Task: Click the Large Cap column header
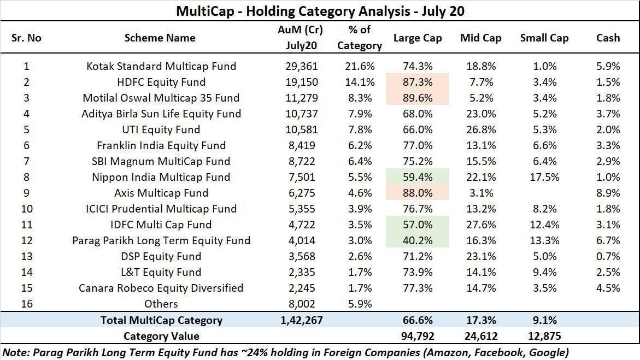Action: (x=418, y=38)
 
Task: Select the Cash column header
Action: (x=608, y=38)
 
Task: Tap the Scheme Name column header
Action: (x=160, y=38)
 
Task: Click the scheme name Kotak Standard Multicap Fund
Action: (x=161, y=66)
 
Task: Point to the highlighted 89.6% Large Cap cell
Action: (x=418, y=98)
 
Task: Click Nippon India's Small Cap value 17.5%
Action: (x=544, y=177)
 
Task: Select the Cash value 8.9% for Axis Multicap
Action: (x=608, y=193)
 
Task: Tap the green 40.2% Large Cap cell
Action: (x=418, y=240)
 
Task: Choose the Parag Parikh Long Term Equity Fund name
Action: (x=161, y=240)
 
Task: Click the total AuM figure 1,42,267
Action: (x=301, y=320)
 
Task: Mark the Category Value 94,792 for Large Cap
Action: (x=418, y=336)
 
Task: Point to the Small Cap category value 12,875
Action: (x=544, y=336)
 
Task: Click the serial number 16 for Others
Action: (x=26, y=304)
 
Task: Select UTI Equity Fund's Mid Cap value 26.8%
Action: (x=481, y=129)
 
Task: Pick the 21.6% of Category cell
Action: (x=360, y=66)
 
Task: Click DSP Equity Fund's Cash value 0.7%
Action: (x=608, y=256)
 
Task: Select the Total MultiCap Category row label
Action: (x=161, y=320)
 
